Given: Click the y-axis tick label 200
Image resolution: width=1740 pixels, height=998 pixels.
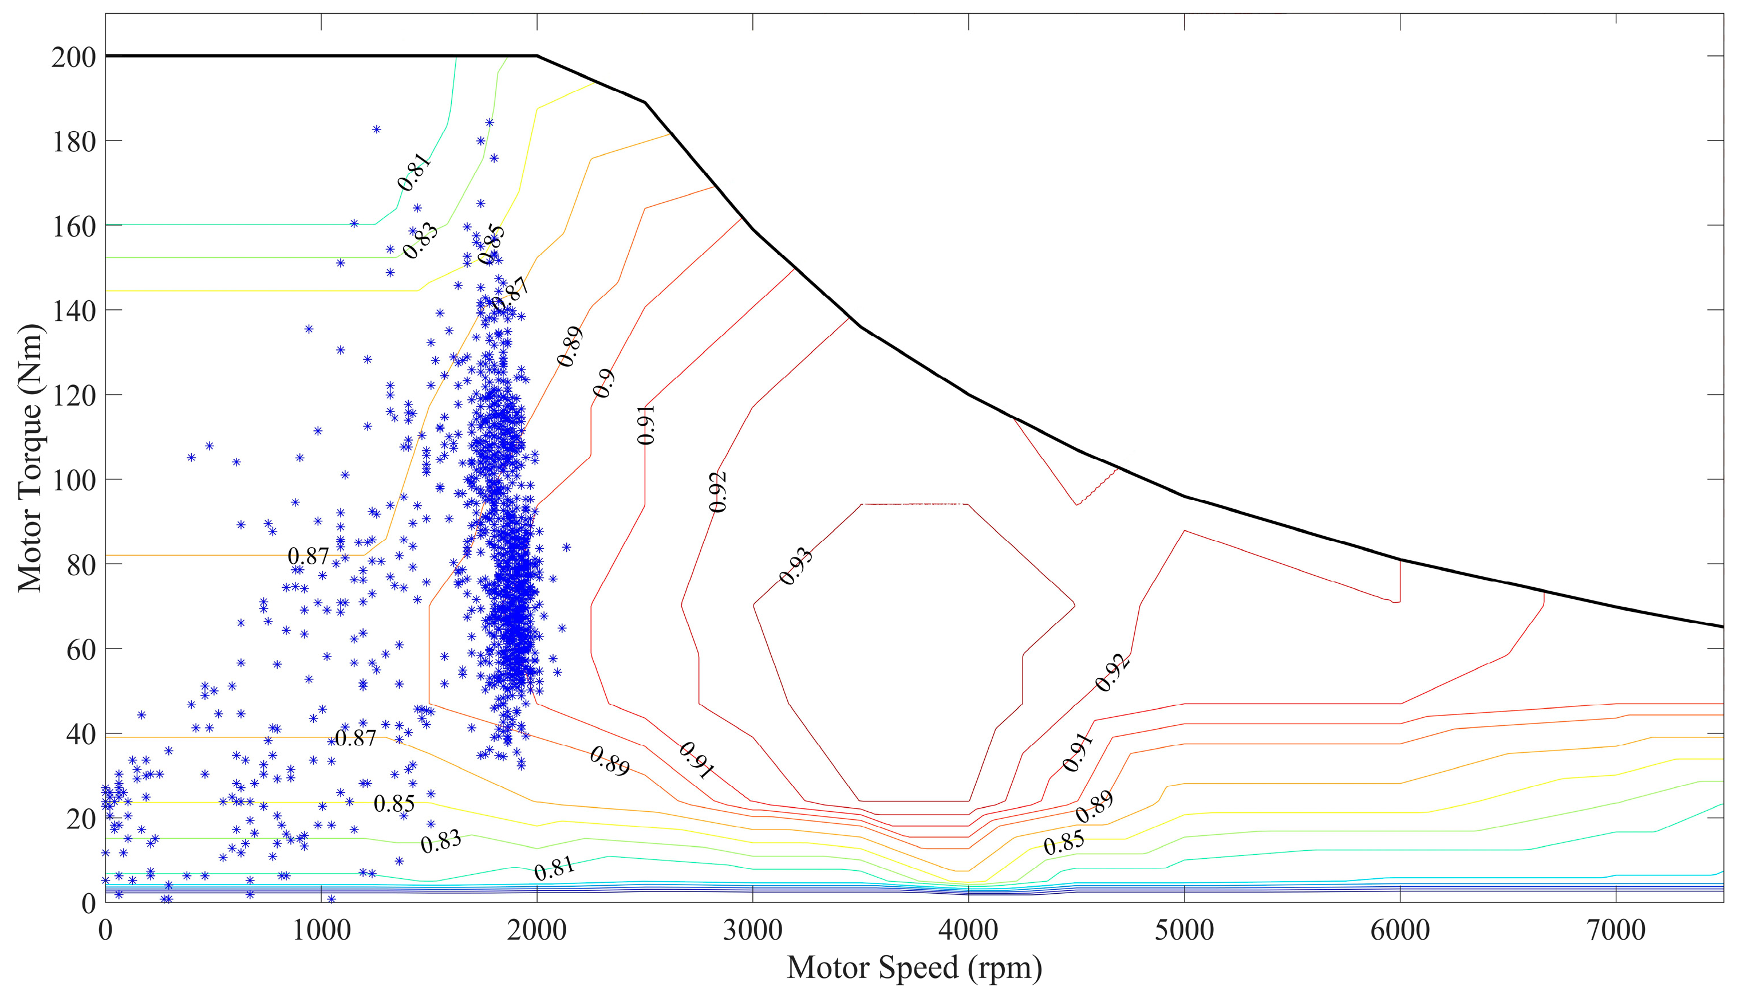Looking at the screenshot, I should coord(73,57).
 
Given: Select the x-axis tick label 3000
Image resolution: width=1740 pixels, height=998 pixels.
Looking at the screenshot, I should coord(753,931).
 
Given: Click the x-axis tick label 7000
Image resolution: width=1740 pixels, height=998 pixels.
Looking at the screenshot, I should coord(1616,931).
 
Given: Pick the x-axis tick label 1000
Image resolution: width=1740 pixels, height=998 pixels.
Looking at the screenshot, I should coord(321,931).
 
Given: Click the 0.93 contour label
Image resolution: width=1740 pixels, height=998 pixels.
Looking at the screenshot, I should coord(796,566).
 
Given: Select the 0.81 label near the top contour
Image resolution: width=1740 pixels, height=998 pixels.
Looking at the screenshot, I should coord(415,172).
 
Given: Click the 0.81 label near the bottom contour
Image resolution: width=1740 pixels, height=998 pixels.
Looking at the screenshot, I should coord(554,869).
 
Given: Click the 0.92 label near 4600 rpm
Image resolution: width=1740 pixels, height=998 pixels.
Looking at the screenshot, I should coord(1112,673).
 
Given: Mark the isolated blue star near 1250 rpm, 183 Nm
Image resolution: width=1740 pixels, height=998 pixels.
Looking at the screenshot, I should coord(376,129).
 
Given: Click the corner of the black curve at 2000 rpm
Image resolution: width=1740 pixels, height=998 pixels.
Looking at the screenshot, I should coord(537,56).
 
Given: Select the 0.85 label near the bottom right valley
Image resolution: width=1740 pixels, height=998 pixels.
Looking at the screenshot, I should coord(1064,842).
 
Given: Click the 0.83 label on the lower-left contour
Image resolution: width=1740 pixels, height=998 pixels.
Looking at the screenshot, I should coord(440,841).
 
